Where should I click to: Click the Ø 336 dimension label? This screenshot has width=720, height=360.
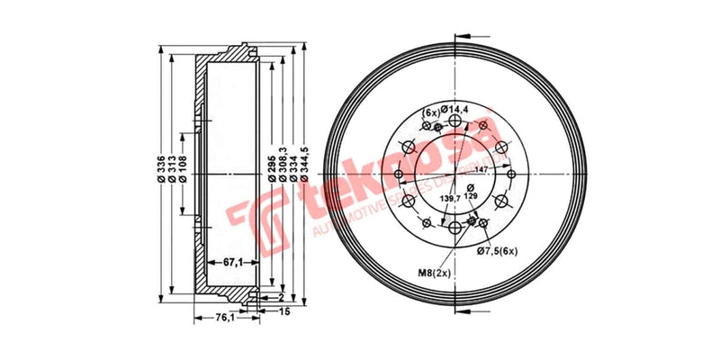[x=161, y=169]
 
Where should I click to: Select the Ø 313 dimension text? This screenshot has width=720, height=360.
[x=172, y=169]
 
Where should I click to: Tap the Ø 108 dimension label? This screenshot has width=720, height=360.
[x=183, y=169]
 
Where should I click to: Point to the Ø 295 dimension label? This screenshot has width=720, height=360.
[x=272, y=169]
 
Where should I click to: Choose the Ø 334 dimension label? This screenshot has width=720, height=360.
[x=293, y=169]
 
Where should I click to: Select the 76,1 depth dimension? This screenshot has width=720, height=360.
[x=222, y=317]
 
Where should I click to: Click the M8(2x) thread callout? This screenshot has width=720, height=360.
[x=434, y=272]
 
